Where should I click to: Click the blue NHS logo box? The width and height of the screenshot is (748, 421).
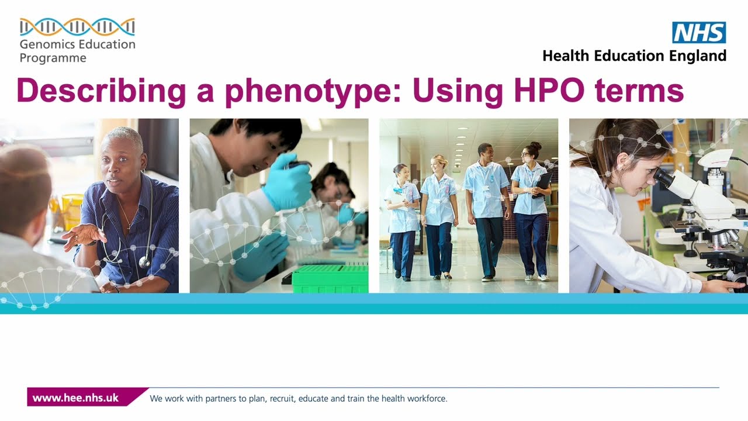[699, 33]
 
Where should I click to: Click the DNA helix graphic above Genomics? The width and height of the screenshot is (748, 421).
[77, 27]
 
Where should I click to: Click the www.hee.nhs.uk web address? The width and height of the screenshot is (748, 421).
[75, 398]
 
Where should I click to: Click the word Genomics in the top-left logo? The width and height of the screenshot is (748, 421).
[46, 44]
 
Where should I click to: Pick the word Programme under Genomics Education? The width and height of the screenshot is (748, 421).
[53, 58]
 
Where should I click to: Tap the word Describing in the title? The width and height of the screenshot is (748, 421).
[101, 91]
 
